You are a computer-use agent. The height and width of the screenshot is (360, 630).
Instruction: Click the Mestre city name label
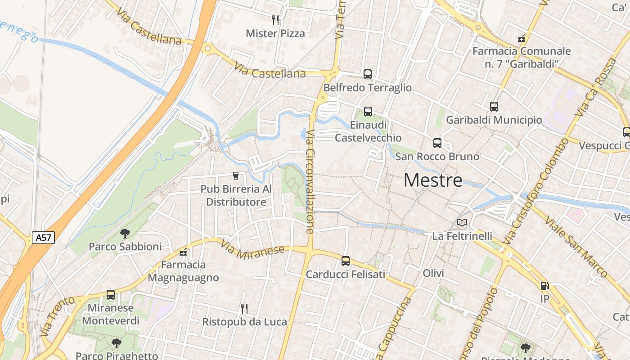tap(433, 180)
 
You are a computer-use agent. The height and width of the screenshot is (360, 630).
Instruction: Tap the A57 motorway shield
tap(43, 238)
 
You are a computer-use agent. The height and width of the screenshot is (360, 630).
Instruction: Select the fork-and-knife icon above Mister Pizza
tap(275, 20)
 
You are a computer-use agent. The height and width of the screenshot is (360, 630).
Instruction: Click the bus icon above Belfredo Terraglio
tap(368, 74)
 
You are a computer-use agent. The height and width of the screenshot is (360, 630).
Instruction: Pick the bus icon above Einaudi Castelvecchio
tap(368, 111)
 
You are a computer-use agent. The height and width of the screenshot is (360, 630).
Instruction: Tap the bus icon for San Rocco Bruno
tap(437, 143)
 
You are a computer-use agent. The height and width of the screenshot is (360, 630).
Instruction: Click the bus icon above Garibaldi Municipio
tap(494, 107)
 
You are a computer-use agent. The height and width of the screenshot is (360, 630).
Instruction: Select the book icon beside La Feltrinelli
tap(462, 222)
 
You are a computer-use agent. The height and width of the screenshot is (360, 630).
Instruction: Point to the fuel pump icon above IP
tap(544, 286)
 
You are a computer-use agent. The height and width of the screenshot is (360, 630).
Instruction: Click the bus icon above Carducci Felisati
tap(345, 261)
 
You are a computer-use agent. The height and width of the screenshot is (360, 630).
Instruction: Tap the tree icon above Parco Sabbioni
tap(125, 233)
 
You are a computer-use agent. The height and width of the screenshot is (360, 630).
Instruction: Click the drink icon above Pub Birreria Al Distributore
tap(236, 175)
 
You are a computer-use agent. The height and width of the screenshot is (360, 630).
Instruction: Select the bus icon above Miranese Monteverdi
tap(111, 295)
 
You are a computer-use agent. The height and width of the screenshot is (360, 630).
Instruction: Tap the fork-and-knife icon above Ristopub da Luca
tap(244, 308)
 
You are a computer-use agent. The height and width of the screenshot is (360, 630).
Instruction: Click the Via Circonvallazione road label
tap(310, 181)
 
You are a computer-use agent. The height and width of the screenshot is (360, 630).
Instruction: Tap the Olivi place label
tap(433, 273)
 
